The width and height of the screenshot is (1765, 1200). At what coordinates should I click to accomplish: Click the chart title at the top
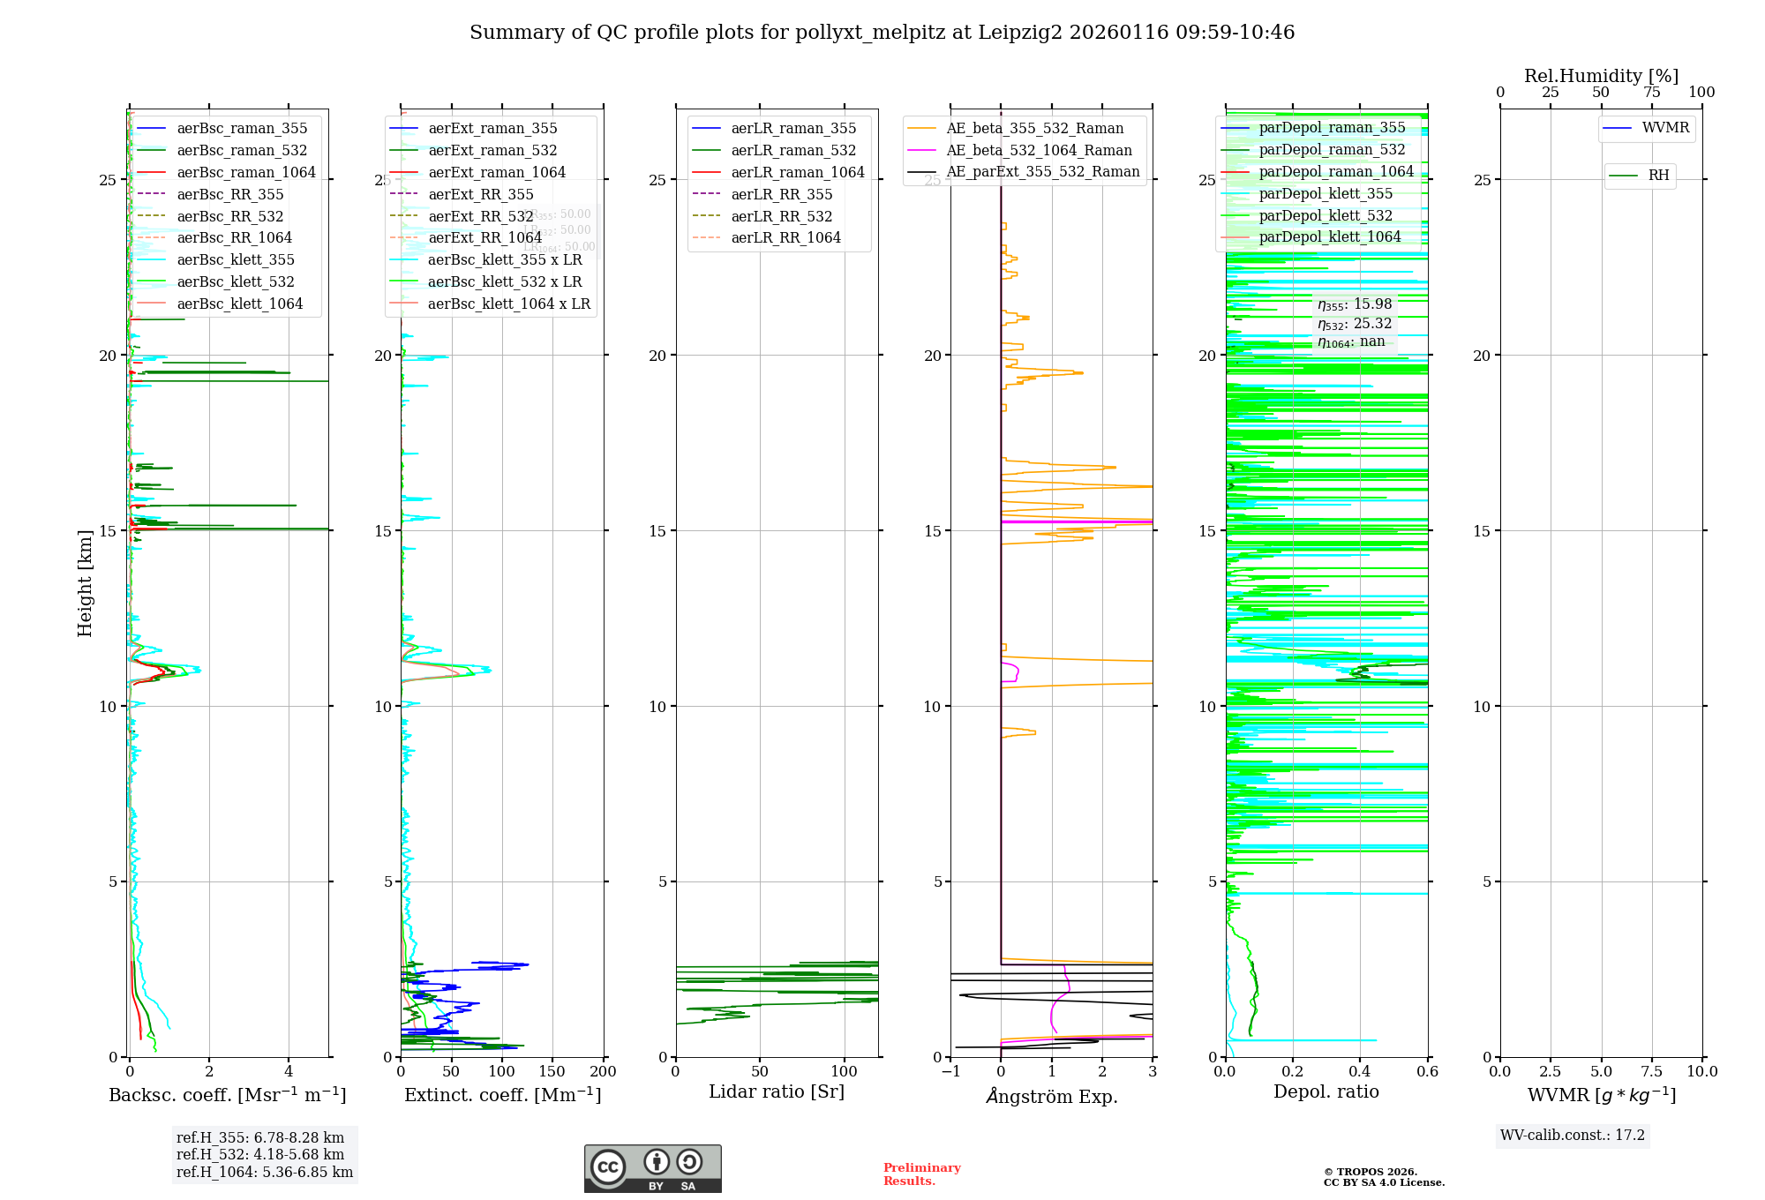pos(882,33)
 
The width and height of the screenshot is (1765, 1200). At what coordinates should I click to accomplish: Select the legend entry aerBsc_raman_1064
pos(245,172)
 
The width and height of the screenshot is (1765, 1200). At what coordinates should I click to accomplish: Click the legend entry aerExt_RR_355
pos(480,194)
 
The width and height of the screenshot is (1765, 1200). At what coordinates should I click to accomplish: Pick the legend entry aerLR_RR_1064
pos(785,237)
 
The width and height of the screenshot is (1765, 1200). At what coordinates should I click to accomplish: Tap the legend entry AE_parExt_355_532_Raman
pos(1042,172)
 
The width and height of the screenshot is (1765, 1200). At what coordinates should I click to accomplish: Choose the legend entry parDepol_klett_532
pos(1325,215)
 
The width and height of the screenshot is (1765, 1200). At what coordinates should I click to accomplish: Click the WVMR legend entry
pos(1664,128)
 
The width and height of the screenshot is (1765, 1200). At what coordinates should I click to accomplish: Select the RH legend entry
pos(1658,176)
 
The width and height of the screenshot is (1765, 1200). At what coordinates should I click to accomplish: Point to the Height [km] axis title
pos(85,583)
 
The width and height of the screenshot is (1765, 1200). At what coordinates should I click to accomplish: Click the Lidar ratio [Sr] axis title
pos(776,1091)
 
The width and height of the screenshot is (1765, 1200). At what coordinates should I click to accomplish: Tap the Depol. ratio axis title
pos(1326,1091)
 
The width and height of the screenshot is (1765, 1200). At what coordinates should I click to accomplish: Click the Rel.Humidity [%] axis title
pos(1601,76)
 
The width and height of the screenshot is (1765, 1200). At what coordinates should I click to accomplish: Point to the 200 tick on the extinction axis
pos(603,1072)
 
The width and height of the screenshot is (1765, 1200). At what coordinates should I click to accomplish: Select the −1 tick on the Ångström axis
pos(950,1072)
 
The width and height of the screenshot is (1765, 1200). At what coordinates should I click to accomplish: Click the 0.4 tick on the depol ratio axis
pos(1360,1072)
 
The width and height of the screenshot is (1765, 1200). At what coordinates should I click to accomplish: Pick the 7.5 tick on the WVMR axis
pos(1652,1072)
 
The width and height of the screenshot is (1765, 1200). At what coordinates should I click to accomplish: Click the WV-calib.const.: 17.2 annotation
pos(1572,1135)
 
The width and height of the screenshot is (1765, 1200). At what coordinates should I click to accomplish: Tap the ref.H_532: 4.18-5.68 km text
pos(259,1154)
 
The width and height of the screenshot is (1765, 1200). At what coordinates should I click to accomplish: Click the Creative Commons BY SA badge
pos(652,1168)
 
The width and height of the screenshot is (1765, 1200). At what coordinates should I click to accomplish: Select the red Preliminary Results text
pos(921,1174)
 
